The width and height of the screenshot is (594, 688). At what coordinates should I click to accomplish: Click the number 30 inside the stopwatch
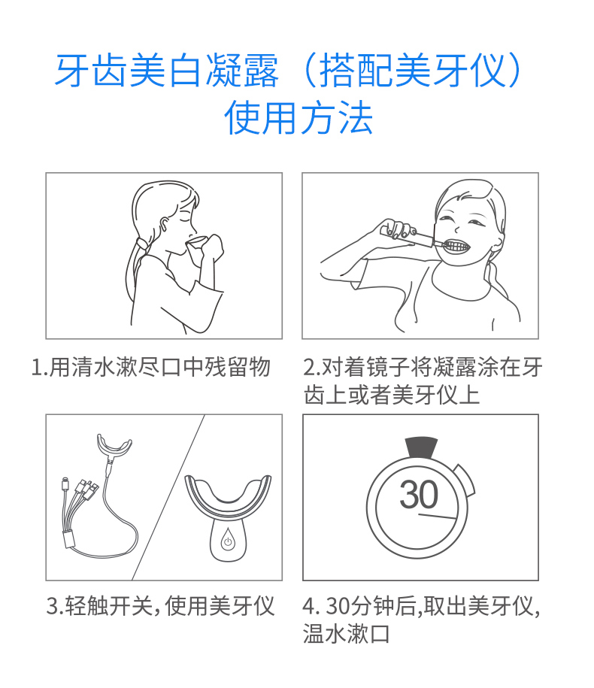coord(419,495)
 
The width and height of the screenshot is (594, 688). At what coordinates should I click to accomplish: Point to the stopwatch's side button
coord(465,480)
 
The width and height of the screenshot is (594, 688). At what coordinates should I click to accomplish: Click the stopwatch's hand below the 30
coord(438,516)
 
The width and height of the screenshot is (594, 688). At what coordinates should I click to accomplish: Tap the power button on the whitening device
coord(228,542)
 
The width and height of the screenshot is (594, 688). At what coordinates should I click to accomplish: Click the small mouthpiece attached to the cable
coord(114,445)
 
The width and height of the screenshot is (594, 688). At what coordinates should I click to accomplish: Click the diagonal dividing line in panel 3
coord(168,497)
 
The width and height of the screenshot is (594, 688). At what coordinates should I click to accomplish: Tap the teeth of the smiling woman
coord(456,245)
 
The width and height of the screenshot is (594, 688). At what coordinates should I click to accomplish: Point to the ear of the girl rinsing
coord(164,225)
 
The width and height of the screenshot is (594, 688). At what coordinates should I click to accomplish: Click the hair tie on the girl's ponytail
coord(141,243)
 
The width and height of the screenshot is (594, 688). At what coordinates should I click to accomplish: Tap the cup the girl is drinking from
coord(195,244)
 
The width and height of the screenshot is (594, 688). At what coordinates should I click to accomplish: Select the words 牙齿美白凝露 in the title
coord(167,70)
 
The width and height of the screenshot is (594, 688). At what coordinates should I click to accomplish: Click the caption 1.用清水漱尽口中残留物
coord(150,367)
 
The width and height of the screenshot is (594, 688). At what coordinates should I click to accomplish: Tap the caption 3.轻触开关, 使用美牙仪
coord(161,606)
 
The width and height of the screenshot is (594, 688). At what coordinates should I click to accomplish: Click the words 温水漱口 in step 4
coord(346,634)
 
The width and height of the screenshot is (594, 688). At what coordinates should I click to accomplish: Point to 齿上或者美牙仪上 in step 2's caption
coord(392,395)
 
